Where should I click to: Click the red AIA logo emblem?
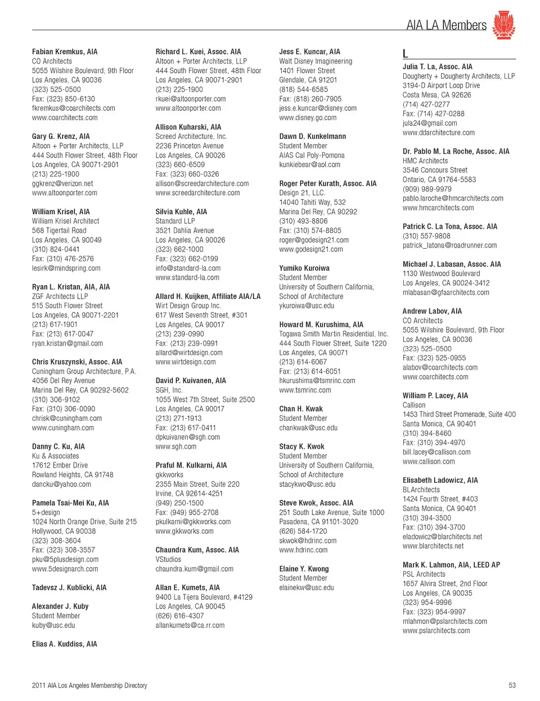(x=503, y=25)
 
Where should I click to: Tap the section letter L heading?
(x=405, y=54)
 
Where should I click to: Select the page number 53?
(x=512, y=685)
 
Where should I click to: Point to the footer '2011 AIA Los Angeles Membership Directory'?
(x=89, y=685)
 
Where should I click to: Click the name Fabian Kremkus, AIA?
(x=65, y=52)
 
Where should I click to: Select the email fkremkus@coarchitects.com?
(x=74, y=108)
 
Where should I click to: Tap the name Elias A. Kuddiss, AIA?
(x=65, y=644)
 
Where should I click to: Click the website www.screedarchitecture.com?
(x=197, y=193)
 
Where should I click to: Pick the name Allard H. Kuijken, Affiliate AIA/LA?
(x=208, y=296)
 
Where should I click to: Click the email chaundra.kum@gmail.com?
(x=194, y=569)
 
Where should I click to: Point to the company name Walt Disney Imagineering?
(x=316, y=61)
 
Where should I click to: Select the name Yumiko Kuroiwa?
(x=304, y=268)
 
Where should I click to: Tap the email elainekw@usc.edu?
(x=307, y=587)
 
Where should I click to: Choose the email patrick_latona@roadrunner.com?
(x=449, y=245)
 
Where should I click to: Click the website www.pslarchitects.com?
(x=436, y=631)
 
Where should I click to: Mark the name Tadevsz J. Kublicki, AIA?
(x=69, y=587)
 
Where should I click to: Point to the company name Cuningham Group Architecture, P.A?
(x=84, y=371)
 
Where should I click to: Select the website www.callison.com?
(x=429, y=461)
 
